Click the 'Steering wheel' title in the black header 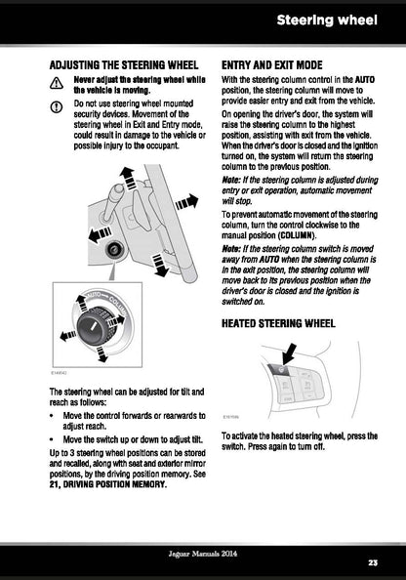[x=327, y=20]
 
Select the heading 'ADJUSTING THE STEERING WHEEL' [x=124, y=65]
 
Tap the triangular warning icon [x=57, y=83]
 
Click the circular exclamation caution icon [x=57, y=107]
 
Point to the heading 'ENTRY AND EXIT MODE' [x=271, y=65]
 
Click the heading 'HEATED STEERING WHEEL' [x=278, y=323]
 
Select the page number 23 [x=373, y=562]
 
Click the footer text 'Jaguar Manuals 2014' [x=203, y=554]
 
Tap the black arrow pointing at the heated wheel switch [x=289, y=354]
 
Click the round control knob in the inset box [x=93, y=325]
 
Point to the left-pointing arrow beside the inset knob [x=67, y=336]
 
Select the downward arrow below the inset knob [x=101, y=354]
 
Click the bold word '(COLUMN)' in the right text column [x=297, y=235]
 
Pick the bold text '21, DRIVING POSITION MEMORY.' [x=108, y=484]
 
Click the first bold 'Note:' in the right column [x=231, y=180]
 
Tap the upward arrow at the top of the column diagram [x=127, y=177]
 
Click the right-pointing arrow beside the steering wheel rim [x=186, y=202]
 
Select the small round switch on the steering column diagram [x=113, y=250]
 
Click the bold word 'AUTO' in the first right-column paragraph [x=365, y=79]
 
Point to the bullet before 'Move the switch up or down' [x=52, y=439]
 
